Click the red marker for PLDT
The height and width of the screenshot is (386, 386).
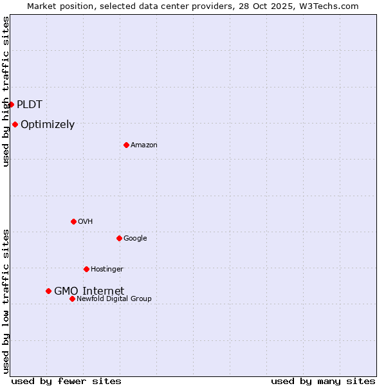pyautogui.click(x=11, y=104)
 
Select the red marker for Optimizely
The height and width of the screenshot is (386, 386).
pyautogui.click(x=15, y=124)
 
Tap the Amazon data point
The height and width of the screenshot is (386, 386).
pyautogui.click(x=126, y=145)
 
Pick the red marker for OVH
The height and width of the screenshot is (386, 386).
pyautogui.click(x=73, y=221)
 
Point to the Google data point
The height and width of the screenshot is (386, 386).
pyautogui.click(x=119, y=238)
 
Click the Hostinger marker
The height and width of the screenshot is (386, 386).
pyautogui.click(x=86, y=269)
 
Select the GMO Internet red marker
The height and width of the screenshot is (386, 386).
pyautogui.click(x=48, y=291)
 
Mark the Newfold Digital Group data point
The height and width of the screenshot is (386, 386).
pyautogui.click(x=72, y=299)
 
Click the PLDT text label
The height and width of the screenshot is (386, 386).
pyautogui.click(x=30, y=104)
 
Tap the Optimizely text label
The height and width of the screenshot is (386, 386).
pyautogui.click(x=48, y=125)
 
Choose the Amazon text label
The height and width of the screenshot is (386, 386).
pyautogui.click(x=144, y=145)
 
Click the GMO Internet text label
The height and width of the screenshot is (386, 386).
pyautogui.click(x=89, y=291)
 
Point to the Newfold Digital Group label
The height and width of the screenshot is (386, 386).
pyautogui.click(x=114, y=299)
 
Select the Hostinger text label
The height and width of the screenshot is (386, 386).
pyautogui.click(x=107, y=269)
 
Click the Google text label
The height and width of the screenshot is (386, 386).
pyautogui.click(x=135, y=239)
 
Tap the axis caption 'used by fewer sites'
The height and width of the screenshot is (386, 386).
pyautogui.click(x=66, y=381)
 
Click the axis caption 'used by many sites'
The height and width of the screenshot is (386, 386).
pyautogui.click(x=323, y=381)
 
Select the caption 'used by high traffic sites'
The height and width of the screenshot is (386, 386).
pyautogui.click(x=6, y=91)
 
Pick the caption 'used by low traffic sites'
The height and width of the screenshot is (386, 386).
pyautogui.click(x=6, y=301)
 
